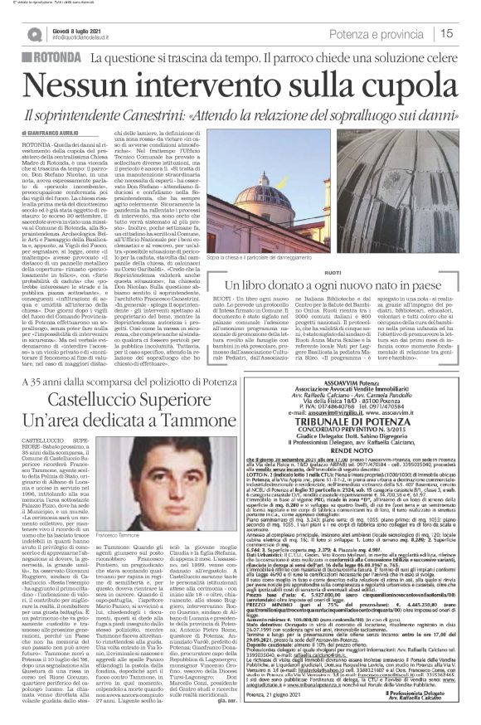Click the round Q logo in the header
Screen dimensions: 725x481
tap(34, 33)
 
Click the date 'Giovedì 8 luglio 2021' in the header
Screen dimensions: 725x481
tap(80, 27)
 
